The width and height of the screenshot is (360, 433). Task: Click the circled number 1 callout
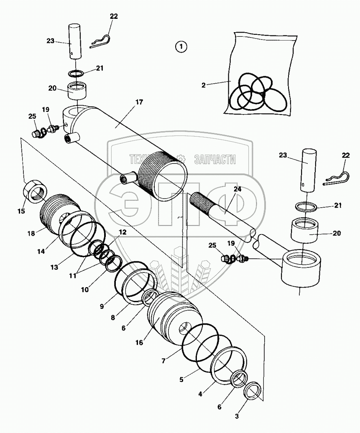[x=181, y=47]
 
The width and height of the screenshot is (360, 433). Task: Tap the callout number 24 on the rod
[x=237, y=189]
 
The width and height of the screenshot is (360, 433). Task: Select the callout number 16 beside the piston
[x=139, y=342]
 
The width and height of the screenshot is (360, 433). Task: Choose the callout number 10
[x=85, y=289]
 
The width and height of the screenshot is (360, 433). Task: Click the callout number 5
[x=181, y=380]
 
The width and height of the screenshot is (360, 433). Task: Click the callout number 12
[x=122, y=232]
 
